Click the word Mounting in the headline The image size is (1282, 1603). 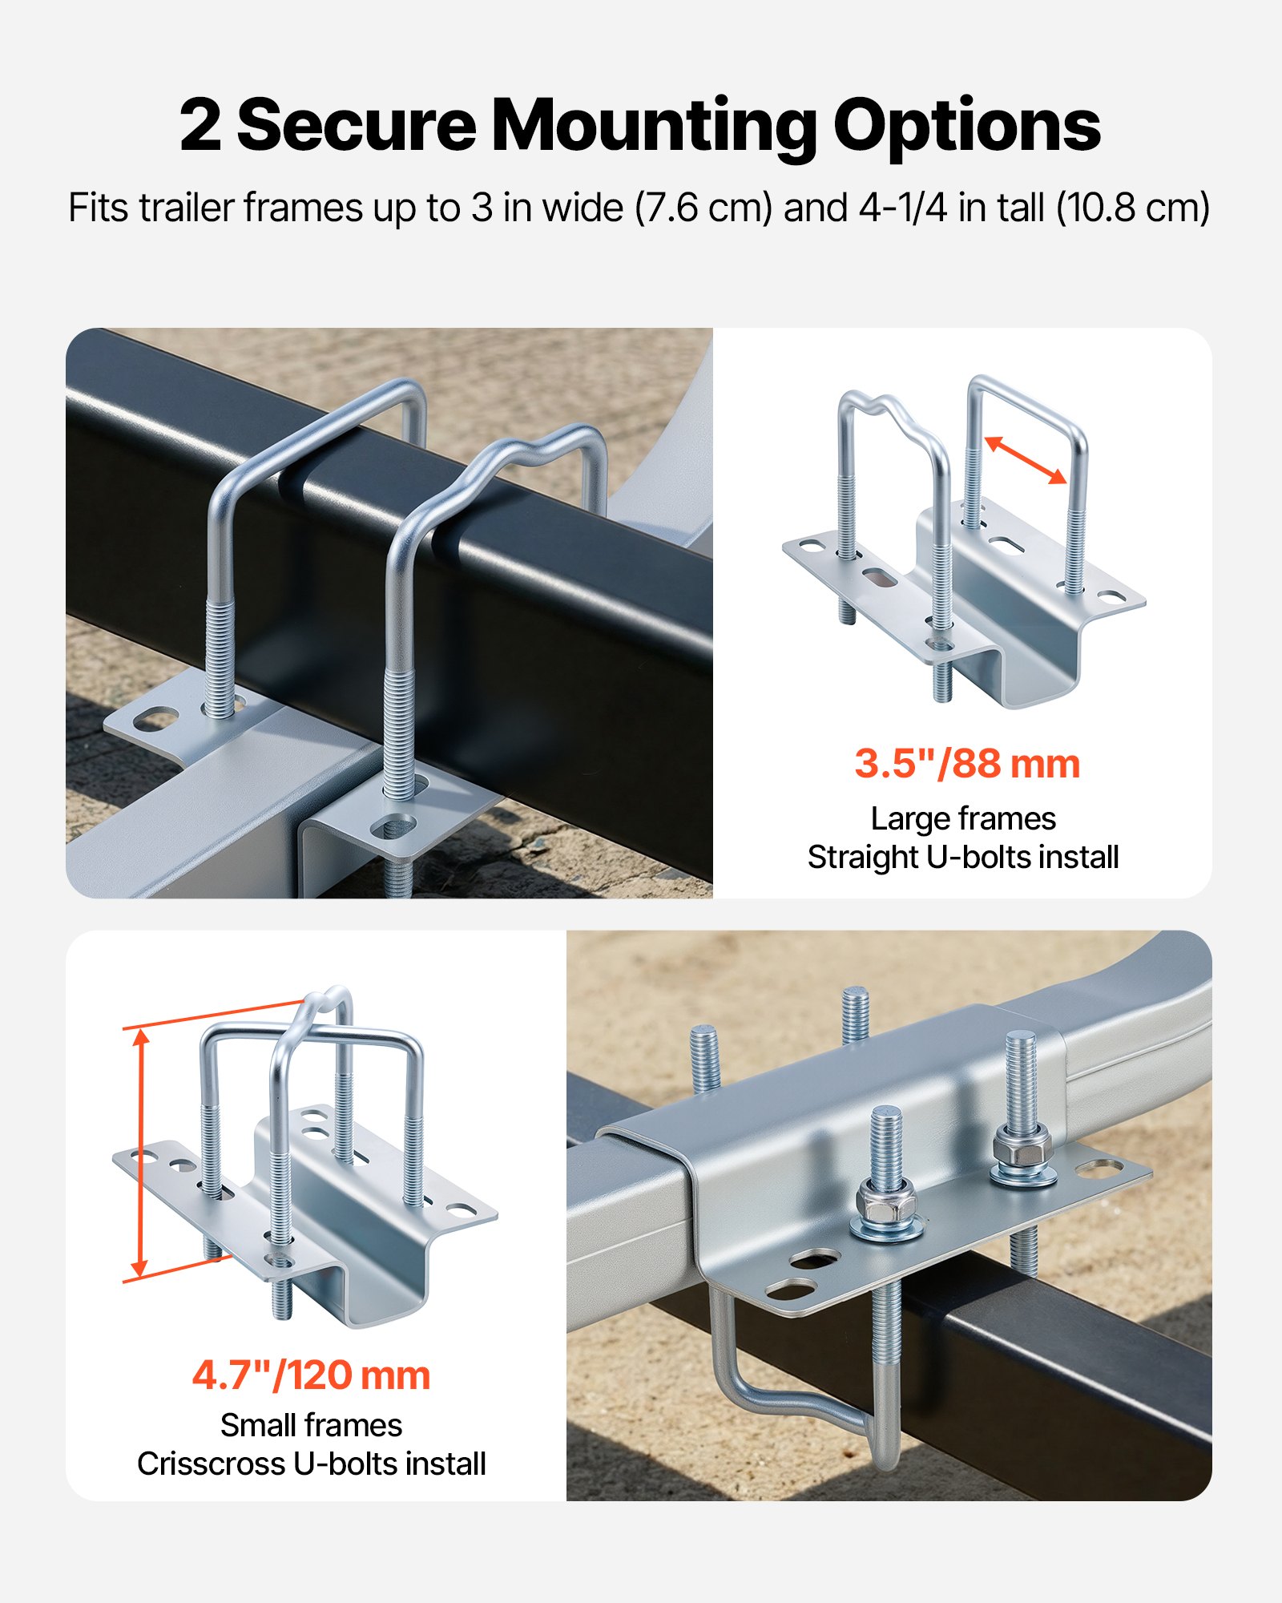pos(654,126)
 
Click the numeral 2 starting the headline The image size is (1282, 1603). pos(200,126)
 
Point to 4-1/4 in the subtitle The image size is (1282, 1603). pos(903,208)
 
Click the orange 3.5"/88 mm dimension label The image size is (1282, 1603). pos(967,763)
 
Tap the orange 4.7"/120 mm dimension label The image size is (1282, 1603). pos(311,1375)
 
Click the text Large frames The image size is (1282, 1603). pos(963,818)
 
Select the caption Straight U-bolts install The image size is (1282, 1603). pos(963,857)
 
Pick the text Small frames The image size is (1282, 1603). pos(311,1425)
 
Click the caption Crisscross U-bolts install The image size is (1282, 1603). pos(311,1464)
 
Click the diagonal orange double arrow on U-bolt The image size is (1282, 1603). pos(1026,460)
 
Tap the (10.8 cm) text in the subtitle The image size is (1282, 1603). pos(1132,208)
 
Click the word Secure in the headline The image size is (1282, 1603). pos(357,126)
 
